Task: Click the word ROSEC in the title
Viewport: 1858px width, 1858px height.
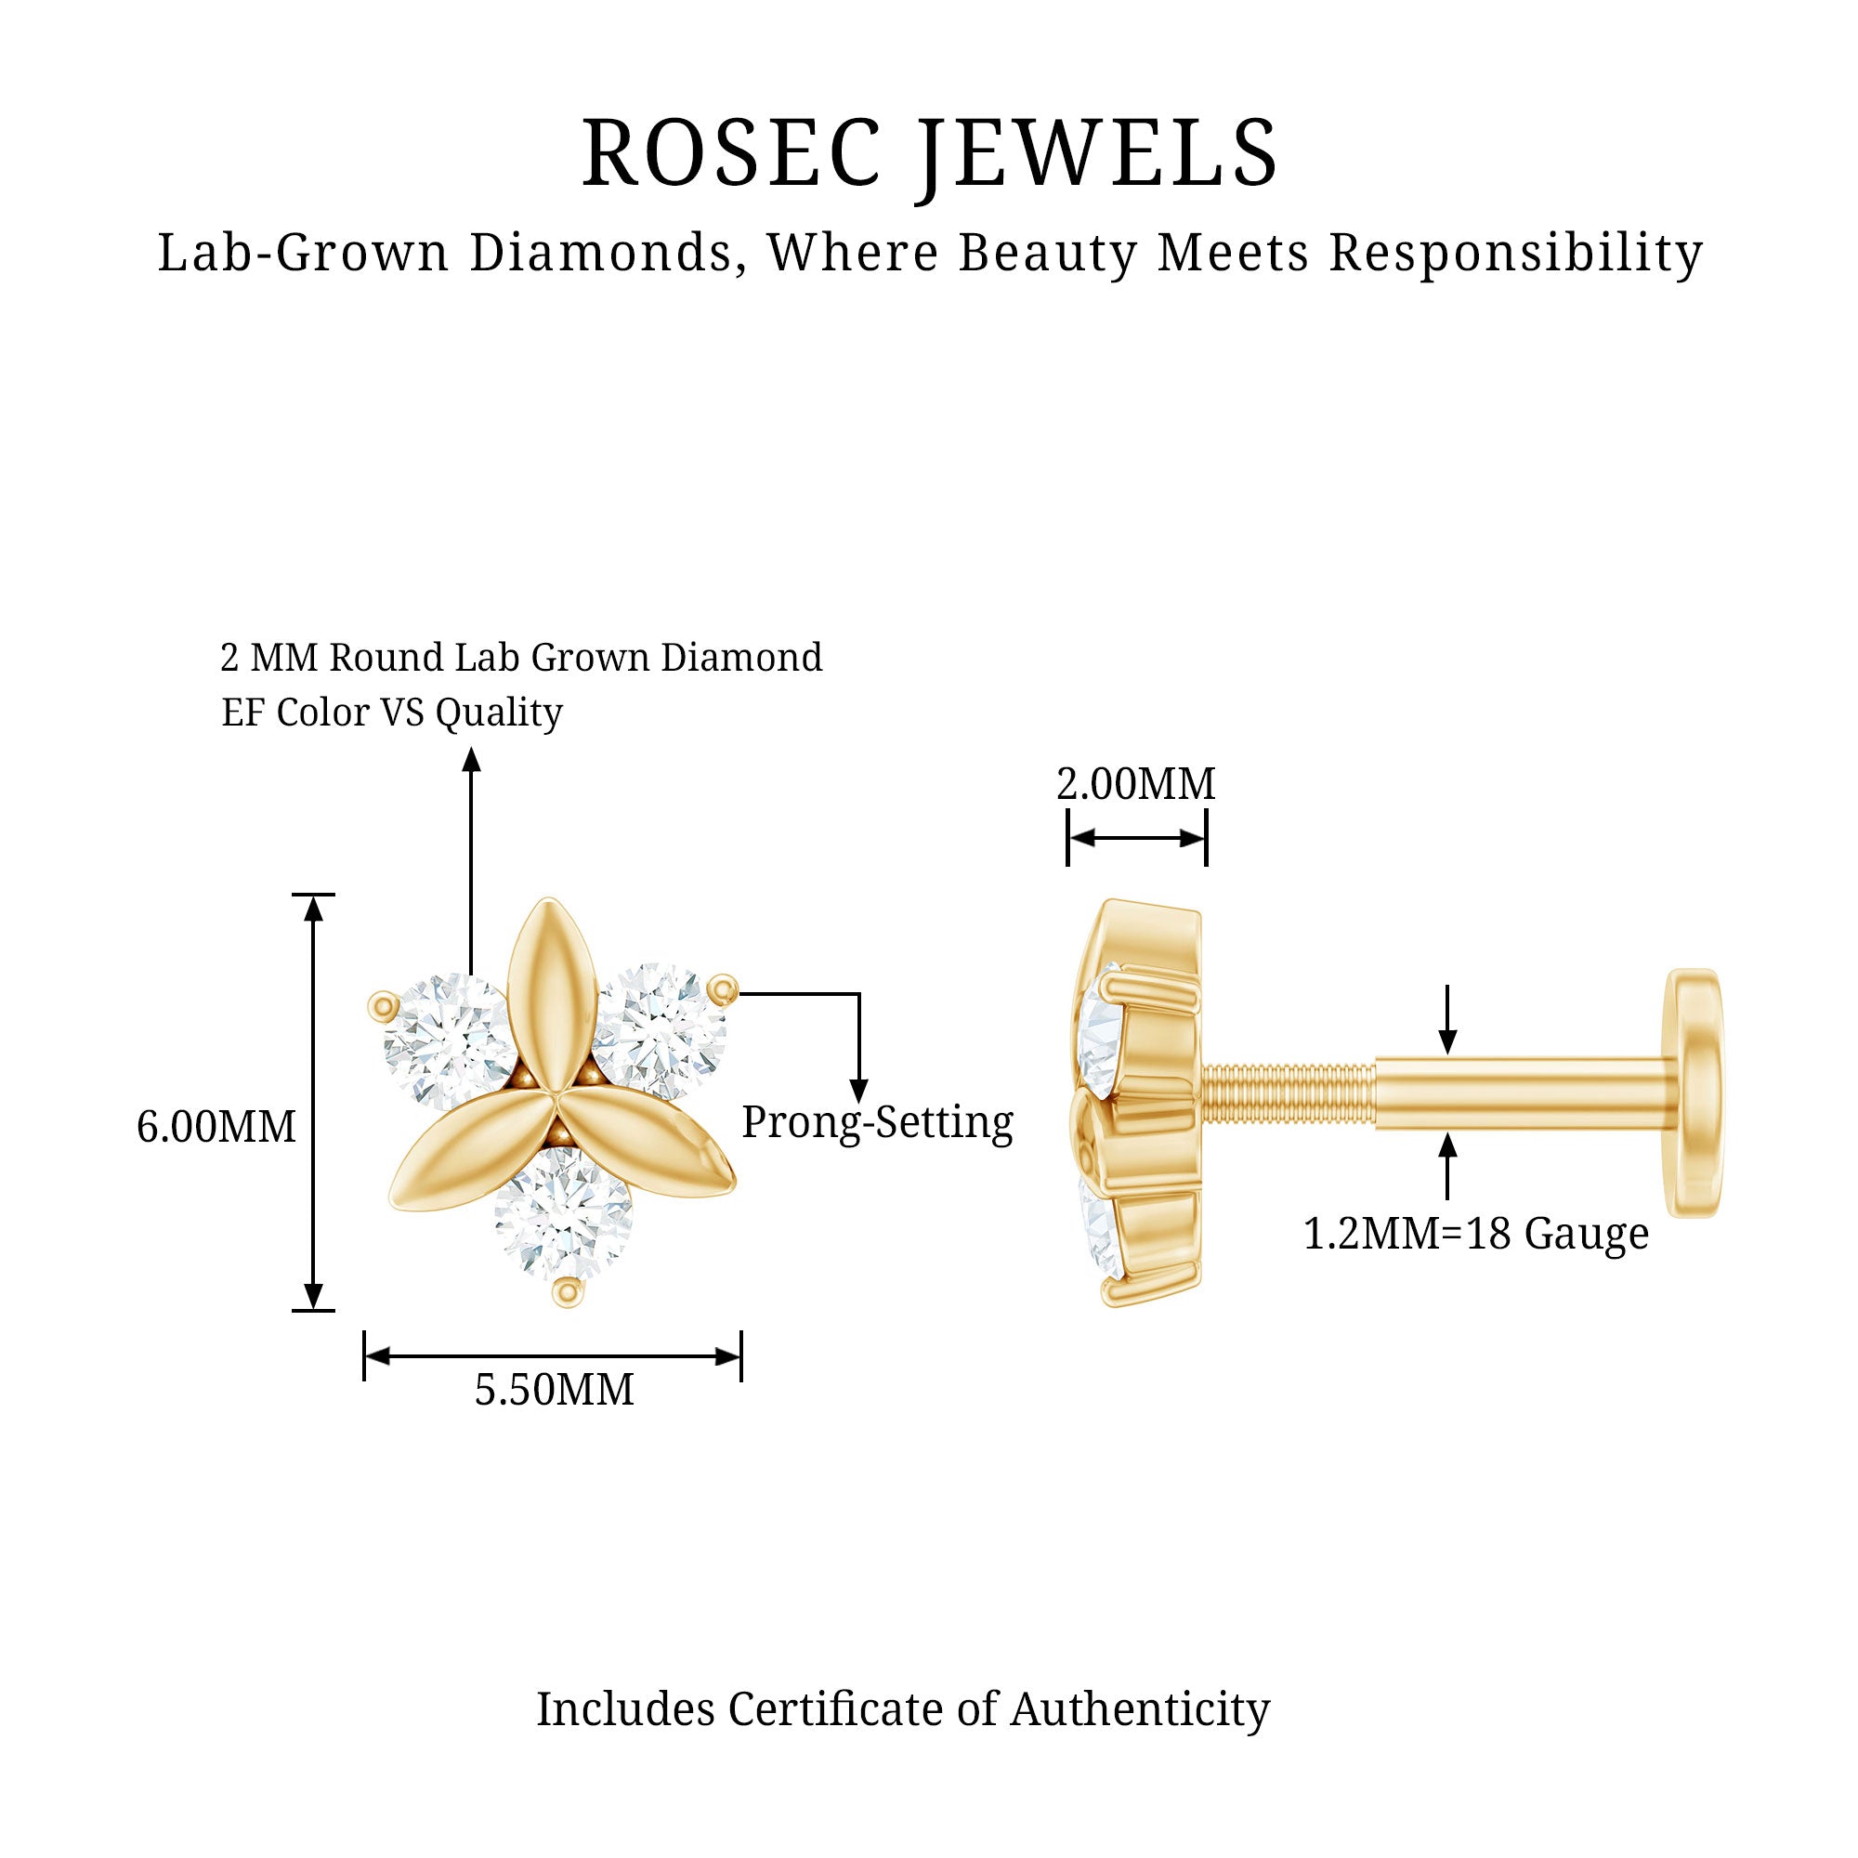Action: tap(731, 154)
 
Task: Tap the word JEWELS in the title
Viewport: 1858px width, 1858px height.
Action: tap(1098, 154)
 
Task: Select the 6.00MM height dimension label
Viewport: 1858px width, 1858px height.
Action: tap(216, 1127)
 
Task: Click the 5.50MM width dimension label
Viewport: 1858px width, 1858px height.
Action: tap(554, 1390)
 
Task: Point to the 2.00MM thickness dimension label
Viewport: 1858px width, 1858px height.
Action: tap(1136, 784)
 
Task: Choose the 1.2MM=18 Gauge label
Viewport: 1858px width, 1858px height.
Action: tap(1475, 1234)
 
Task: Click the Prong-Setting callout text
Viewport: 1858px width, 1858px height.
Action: tap(877, 1122)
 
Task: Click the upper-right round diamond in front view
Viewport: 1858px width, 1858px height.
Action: tap(660, 1031)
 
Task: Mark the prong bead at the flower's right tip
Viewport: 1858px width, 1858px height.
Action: tap(722, 987)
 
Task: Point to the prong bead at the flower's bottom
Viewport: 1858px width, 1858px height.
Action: tap(568, 1293)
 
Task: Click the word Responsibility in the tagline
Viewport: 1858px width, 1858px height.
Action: tap(1515, 253)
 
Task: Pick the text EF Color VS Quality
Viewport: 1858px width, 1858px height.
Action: tap(391, 713)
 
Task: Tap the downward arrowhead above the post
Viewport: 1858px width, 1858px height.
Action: tap(1447, 1040)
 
